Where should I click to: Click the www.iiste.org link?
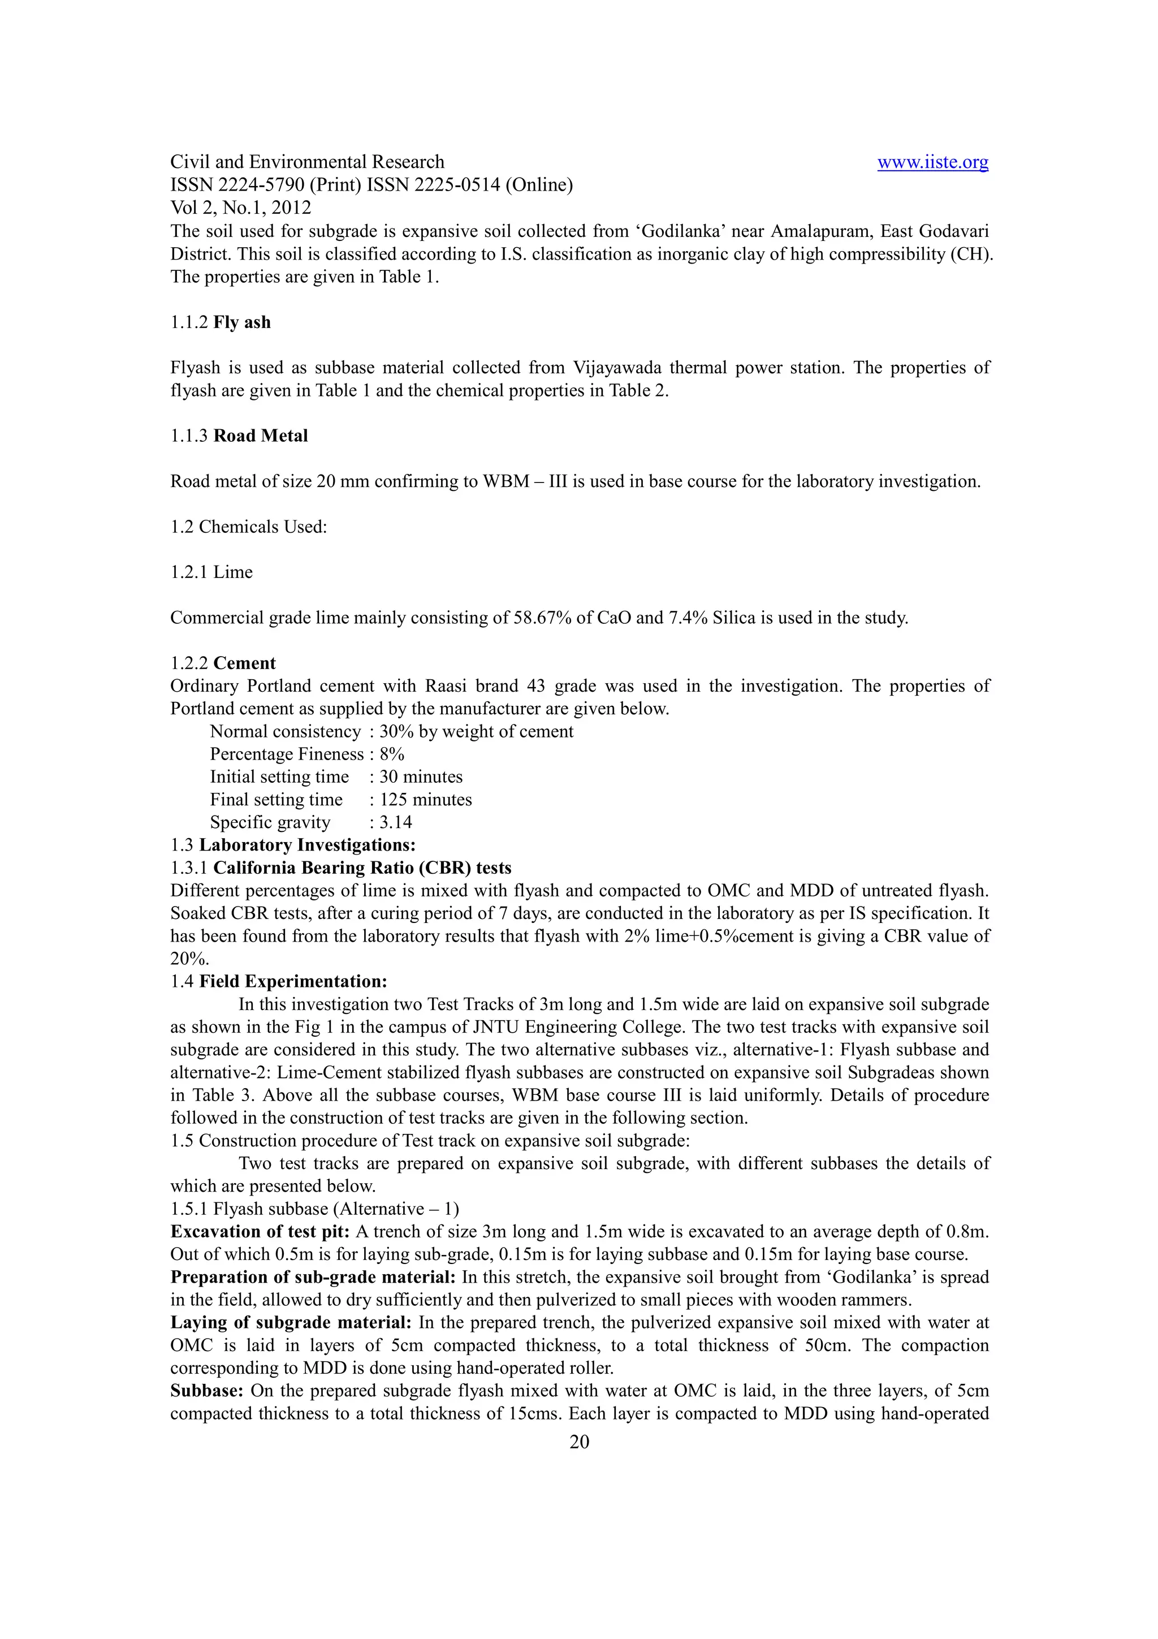pos(932,162)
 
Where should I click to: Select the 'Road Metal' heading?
pos(261,435)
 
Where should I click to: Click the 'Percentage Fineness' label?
pos(287,754)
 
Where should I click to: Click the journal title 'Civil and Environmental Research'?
pos(307,162)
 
